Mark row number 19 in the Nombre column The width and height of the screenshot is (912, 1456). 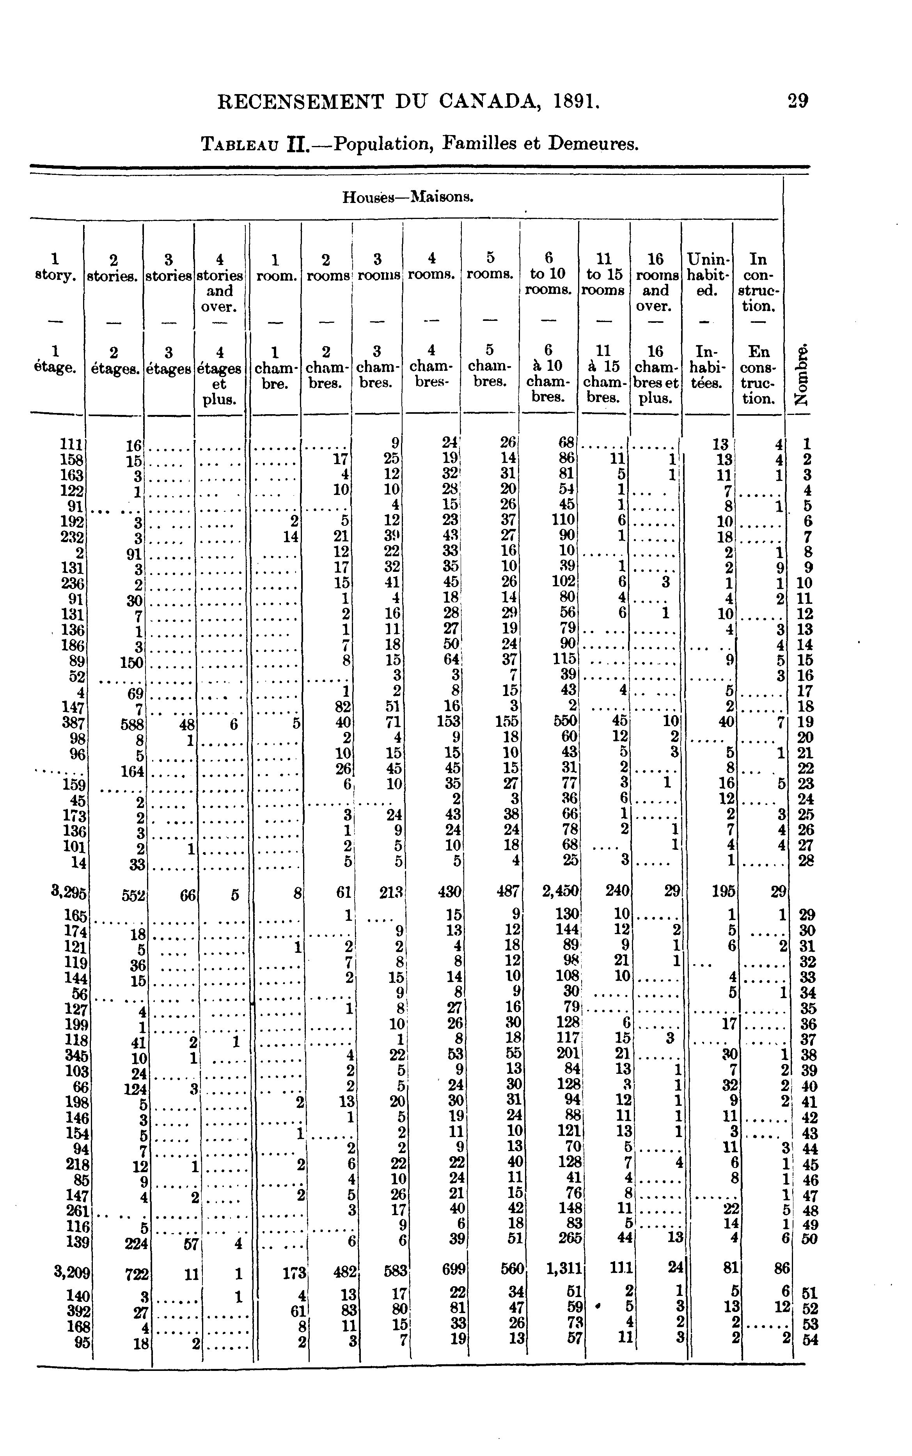(x=806, y=722)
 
